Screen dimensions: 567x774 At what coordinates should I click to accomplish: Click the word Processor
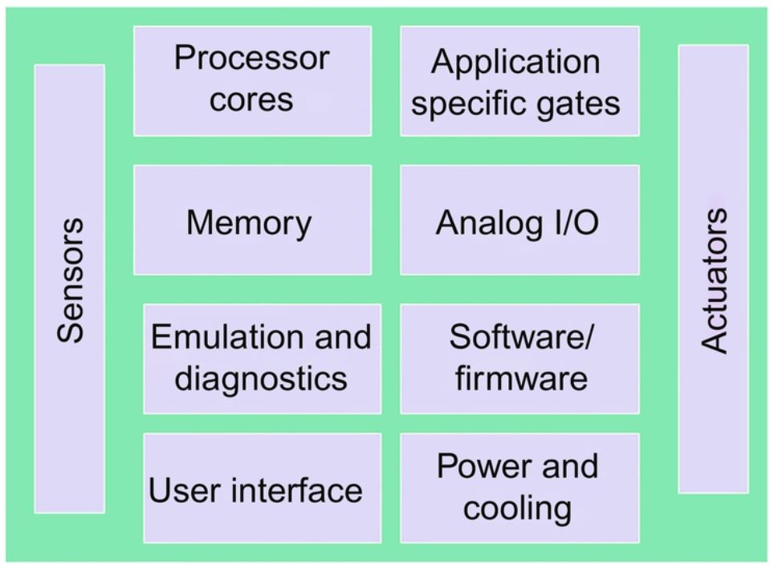251,59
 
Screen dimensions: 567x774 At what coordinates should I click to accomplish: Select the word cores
251,100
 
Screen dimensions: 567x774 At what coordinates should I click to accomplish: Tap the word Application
515,63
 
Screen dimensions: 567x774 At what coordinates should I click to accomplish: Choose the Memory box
252,221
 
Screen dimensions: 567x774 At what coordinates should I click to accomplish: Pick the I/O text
572,223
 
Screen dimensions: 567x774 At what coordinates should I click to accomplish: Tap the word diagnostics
261,377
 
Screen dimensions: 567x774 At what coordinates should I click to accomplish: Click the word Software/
520,337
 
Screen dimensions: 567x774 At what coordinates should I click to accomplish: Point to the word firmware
520,377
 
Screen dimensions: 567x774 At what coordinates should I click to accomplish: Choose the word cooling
518,508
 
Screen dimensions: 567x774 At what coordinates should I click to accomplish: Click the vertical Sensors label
71,281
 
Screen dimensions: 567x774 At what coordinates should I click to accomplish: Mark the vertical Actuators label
714,281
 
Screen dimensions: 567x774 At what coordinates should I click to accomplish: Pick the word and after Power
568,466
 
